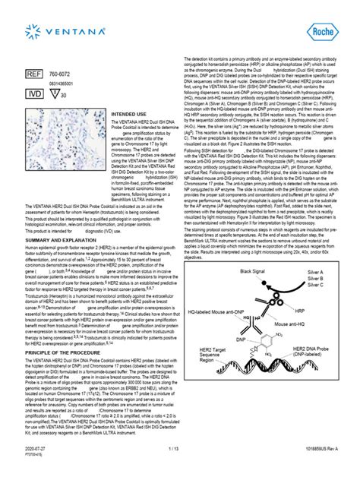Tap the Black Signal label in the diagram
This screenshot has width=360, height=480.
[x=256, y=271]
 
